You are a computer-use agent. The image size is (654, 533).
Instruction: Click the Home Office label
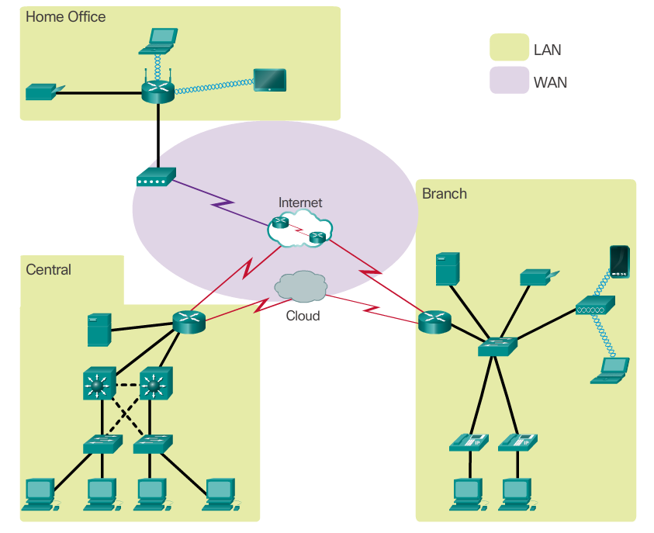pos(66,16)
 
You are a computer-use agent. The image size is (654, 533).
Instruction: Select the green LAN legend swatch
pos(508,49)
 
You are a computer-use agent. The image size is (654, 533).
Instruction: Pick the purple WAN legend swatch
pos(508,81)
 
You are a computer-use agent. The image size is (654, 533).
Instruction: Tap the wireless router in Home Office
pos(158,92)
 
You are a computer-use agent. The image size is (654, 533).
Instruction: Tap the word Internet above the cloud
pos(300,202)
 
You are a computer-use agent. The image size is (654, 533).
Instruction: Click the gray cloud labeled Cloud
pos(299,286)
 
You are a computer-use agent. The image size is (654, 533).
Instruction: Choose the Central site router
pos(189,320)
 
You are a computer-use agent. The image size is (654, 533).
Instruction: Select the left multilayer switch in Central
pos(98,384)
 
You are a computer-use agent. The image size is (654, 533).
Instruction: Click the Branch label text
pos(444,193)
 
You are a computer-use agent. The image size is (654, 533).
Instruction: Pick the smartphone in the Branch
pos(619,262)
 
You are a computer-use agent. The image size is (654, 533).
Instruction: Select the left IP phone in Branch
pos(469,441)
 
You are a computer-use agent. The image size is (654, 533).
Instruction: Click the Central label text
pos(48,270)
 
